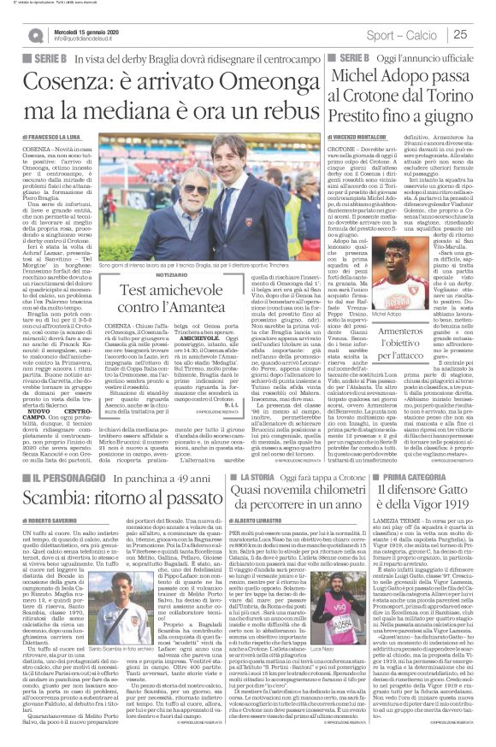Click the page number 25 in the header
click(x=483, y=34)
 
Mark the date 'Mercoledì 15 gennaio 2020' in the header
click(x=90, y=30)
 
